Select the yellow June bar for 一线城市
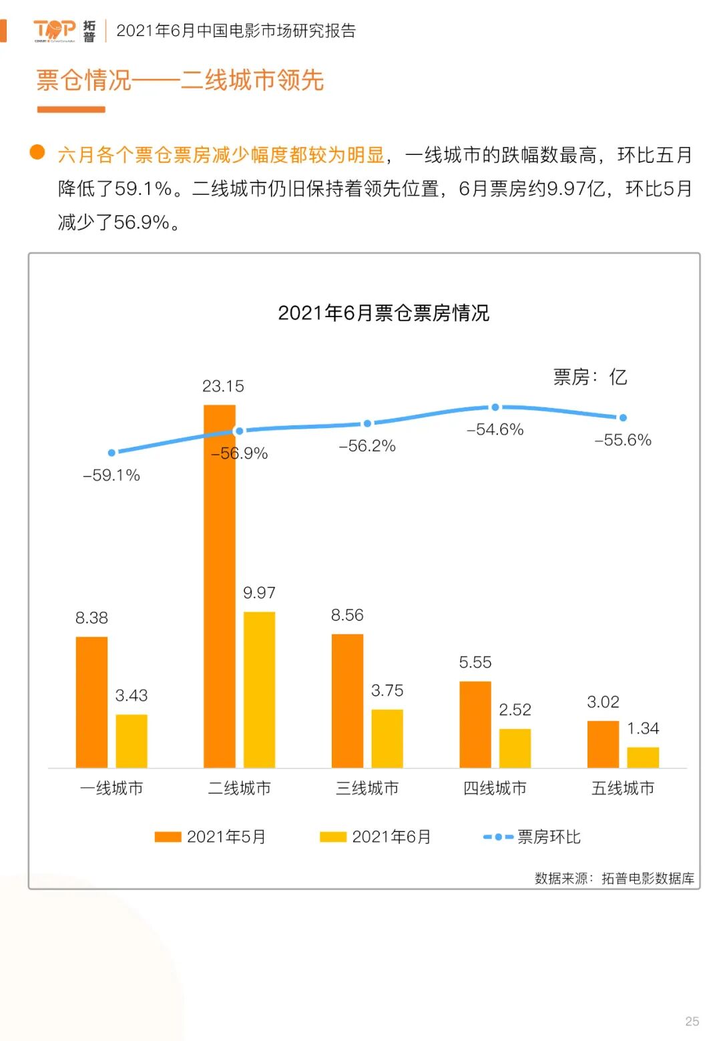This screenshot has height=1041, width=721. [132, 741]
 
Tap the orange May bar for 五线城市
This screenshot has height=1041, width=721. [603, 744]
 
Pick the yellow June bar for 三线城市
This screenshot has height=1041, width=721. [387, 738]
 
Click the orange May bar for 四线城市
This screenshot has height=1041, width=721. [475, 724]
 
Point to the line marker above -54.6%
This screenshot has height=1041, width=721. [495, 407]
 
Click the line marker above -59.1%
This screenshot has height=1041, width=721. [111, 453]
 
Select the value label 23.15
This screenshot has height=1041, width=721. [223, 386]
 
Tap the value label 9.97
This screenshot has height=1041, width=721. [259, 592]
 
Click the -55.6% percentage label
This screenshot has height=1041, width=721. [623, 440]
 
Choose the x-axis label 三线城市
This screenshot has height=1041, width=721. [367, 788]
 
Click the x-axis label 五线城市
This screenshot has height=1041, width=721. [623, 788]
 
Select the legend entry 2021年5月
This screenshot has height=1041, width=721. [210, 837]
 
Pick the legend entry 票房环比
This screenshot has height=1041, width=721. [532, 837]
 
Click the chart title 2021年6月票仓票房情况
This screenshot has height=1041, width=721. [383, 313]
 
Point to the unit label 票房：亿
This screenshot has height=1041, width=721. [590, 377]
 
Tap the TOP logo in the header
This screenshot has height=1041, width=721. [55, 30]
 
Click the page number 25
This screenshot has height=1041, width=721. [692, 1021]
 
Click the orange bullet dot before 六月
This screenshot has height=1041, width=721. [37, 152]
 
